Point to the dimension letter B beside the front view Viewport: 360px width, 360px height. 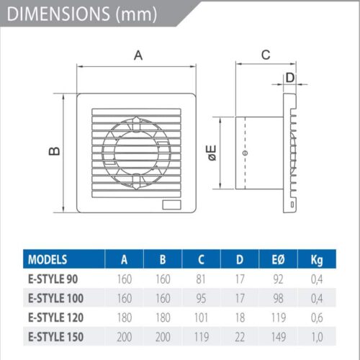53,150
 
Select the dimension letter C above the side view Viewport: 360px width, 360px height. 265,54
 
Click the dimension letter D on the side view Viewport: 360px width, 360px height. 290,77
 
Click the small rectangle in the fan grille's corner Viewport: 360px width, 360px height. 173,204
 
